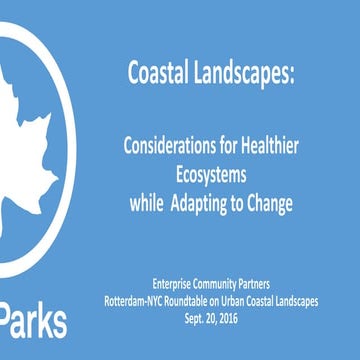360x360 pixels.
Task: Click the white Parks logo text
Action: point(34,322)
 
